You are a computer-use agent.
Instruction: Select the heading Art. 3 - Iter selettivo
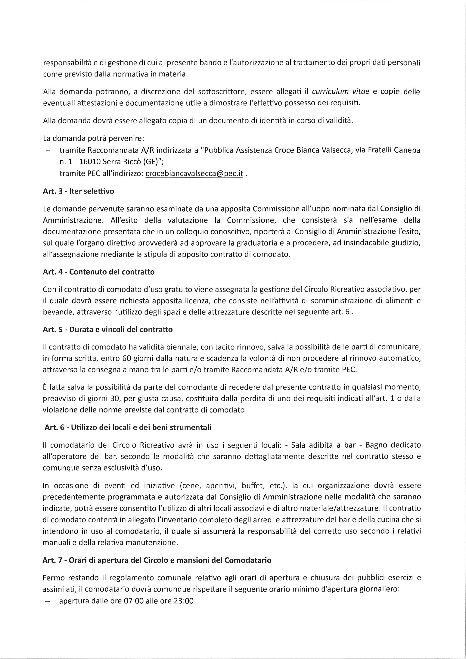78,191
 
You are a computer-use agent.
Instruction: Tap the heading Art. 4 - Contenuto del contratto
99,272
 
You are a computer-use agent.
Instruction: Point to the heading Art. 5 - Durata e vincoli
108,330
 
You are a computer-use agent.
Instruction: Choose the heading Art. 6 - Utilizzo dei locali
128,427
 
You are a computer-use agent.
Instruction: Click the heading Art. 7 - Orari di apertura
157,560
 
